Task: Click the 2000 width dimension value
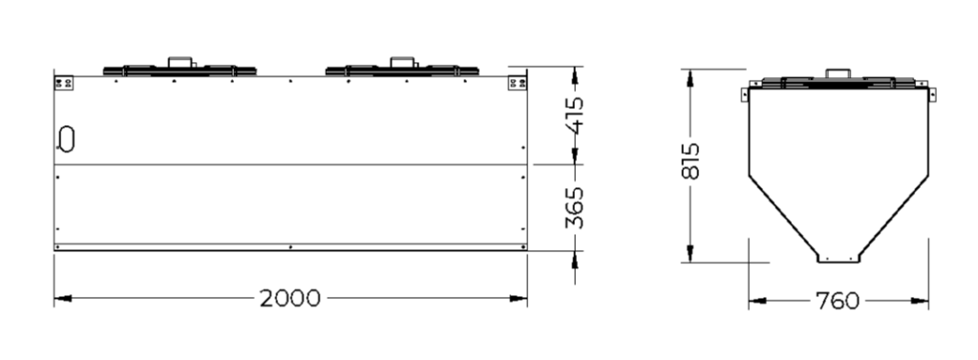[x=290, y=298]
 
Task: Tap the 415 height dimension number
[x=574, y=115]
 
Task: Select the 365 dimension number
[x=574, y=207]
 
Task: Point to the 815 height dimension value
[x=691, y=161]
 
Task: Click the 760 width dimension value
[x=838, y=301]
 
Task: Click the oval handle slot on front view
[x=66, y=138]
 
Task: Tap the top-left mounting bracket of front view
[x=64, y=82]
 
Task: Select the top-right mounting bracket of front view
[x=517, y=82]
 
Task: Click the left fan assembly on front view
[x=180, y=68]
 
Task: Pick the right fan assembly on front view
[x=402, y=68]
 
